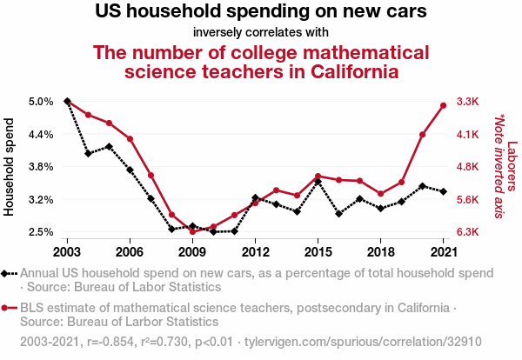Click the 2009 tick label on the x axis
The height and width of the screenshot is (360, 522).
(x=191, y=252)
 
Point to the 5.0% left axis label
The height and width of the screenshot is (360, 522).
(x=41, y=102)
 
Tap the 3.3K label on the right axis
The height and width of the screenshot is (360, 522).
(x=469, y=102)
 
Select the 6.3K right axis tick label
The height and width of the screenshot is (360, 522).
(x=469, y=231)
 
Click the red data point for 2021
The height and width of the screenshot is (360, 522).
(x=444, y=105)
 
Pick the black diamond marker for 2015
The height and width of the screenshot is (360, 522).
(x=318, y=181)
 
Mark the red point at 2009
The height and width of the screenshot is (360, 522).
(x=192, y=231)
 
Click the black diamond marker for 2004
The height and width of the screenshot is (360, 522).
(x=88, y=153)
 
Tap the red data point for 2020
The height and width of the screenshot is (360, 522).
(x=422, y=134)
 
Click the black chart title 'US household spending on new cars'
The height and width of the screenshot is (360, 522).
(x=260, y=13)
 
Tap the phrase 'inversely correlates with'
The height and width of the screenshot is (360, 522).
(x=261, y=33)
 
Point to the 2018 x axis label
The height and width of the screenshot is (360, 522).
(x=380, y=252)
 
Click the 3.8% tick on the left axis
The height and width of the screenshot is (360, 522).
(x=41, y=166)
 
